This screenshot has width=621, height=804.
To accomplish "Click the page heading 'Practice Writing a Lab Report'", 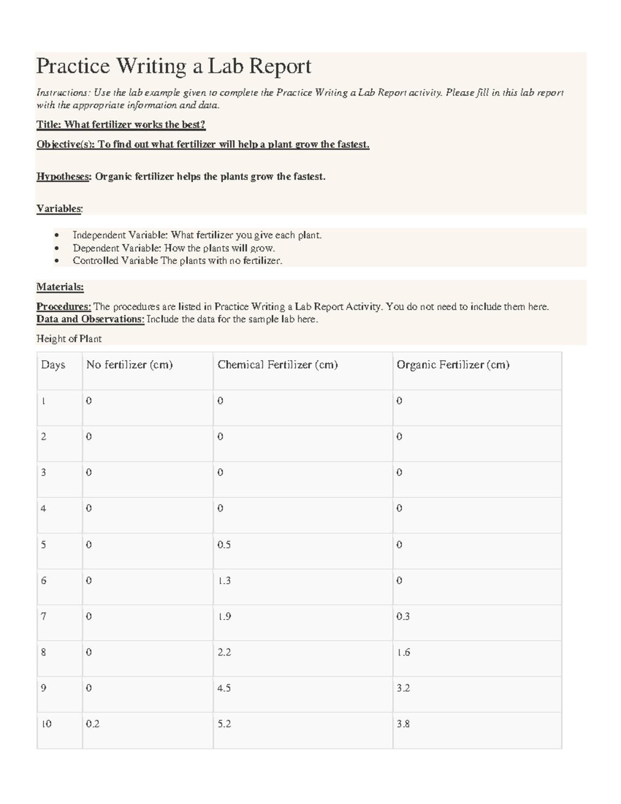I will (173, 66).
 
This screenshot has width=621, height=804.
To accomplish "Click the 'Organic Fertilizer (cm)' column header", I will (453, 365).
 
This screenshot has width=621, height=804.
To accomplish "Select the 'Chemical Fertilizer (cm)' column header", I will (277, 365).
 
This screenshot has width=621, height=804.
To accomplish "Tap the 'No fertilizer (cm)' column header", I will (129, 365).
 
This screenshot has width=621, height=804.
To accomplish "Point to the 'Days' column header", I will (53, 365).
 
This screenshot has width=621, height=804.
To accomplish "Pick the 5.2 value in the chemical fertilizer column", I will (224, 724).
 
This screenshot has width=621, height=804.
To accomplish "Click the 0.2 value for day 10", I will (93, 724).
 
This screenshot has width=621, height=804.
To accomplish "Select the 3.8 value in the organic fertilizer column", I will (403, 724).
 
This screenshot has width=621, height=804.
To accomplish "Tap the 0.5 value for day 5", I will (224, 545).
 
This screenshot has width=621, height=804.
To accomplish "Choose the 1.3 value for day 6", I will (224, 580).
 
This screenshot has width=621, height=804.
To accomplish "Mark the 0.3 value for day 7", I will (403, 616).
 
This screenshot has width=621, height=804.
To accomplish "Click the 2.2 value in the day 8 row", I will (224, 652).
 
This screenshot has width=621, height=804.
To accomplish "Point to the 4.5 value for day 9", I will (224, 688).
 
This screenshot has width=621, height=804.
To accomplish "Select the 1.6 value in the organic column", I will (403, 652).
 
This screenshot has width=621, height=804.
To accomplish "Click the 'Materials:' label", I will (60, 287).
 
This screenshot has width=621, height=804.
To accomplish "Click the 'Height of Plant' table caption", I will (69, 339).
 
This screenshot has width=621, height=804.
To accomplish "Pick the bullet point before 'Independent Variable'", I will (56, 236).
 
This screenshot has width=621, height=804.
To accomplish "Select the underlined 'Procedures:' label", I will (64, 306).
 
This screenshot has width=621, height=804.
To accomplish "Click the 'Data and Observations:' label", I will (90, 319).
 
